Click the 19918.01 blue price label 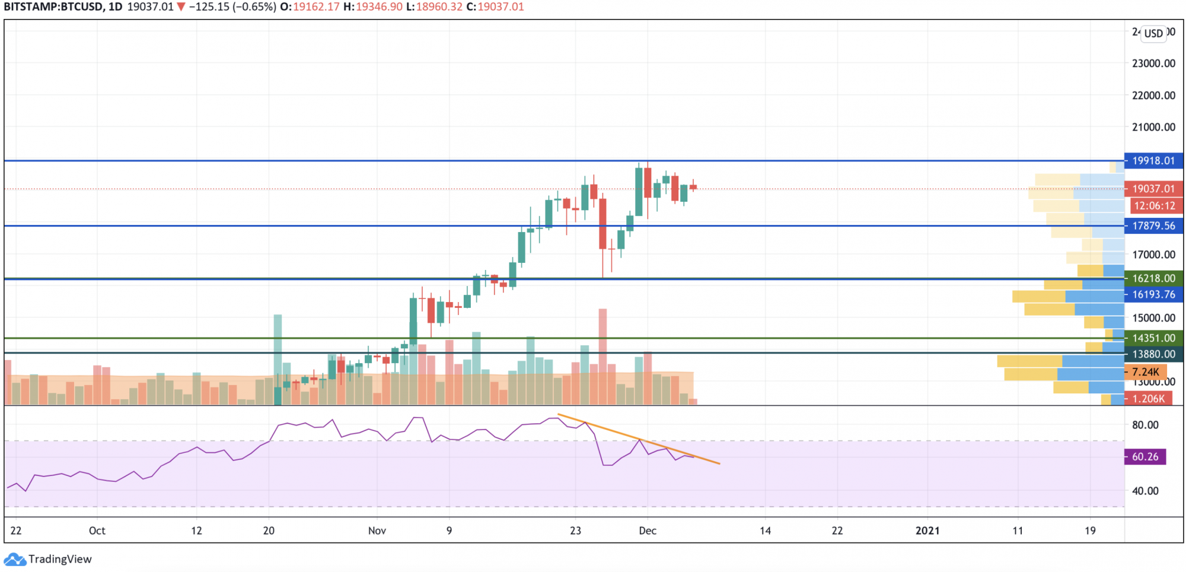click(1153, 161)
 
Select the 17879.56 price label click(1153, 226)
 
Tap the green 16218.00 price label click(1153, 278)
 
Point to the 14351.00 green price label click(1153, 338)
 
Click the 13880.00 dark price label click(1153, 354)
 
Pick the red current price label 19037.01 click(1153, 189)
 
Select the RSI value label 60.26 click(1145, 457)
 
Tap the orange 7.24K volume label click(1145, 372)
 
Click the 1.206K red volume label click(1148, 399)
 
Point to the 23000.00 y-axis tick click(1153, 63)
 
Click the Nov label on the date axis click(377, 530)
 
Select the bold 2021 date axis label click(927, 530)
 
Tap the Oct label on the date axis click(97, 530)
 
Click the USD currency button click(1153, 33)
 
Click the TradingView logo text click(60, 559)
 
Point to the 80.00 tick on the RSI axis click(1145, 425)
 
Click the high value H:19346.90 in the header click(372, 7)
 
